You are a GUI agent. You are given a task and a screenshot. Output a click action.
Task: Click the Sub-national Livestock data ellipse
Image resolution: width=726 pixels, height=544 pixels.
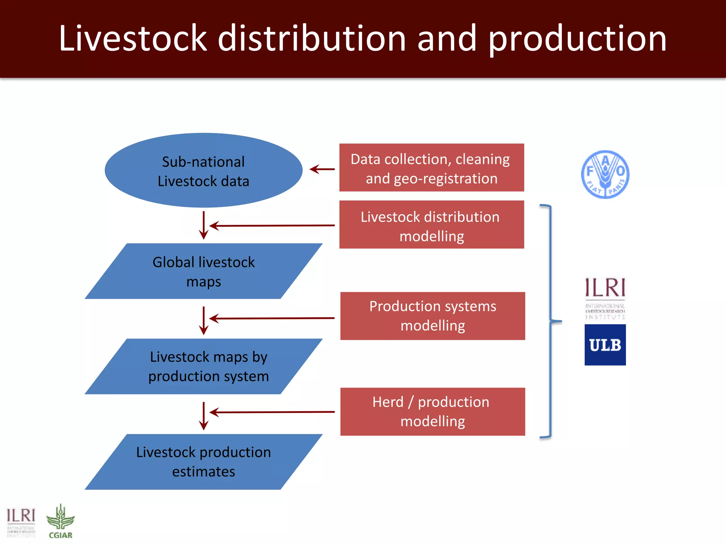[x=203, y=170]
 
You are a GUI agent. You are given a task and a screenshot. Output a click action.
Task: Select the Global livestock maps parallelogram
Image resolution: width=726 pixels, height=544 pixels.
[x=203, y=271]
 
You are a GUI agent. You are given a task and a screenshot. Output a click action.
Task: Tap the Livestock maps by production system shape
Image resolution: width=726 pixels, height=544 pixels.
[x=203, y=366]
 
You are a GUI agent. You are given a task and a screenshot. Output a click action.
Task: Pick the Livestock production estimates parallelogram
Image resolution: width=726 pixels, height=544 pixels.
[x=203, y=462]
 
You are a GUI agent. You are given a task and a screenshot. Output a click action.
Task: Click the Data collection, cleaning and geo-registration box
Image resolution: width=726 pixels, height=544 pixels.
[x=431, y=168]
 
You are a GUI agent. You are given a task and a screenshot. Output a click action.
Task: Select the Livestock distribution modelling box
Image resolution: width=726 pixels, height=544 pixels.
[x=431, y=225]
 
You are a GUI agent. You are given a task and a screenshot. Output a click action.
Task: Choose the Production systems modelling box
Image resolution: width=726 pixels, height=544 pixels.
[x=432, y=316]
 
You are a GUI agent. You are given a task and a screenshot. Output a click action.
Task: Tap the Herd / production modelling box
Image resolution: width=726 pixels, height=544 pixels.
[x=432, y=412]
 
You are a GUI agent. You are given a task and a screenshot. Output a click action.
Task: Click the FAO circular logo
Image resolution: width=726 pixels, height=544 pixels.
[x=605, y=174]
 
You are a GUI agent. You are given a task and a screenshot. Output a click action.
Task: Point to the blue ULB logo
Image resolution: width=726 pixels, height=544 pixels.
[x=605, y=345]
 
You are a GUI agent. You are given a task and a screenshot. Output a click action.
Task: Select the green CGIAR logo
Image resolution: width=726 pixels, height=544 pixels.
[x=61, y=521]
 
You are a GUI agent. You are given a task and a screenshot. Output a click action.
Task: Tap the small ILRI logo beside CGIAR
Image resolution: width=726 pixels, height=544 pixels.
[x=21, y=522]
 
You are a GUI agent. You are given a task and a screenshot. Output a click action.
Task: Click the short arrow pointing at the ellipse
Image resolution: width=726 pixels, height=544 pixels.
[x=322, y=169]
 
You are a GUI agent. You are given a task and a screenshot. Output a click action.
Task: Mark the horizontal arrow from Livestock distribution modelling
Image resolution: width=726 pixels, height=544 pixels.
[x=272, y=225]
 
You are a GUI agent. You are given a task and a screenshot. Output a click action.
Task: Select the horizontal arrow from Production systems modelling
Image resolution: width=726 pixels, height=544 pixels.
[x=272, y=318]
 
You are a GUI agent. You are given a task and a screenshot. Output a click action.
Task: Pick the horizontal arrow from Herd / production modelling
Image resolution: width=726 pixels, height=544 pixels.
[x=272, y=412]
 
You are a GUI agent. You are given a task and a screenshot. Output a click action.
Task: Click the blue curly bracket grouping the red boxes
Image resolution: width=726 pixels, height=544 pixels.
[x=550, y=321]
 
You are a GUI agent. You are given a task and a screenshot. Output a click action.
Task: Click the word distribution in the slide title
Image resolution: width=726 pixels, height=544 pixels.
[x=312, y=38]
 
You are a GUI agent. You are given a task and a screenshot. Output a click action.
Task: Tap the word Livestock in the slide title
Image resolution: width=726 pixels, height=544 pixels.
[x=133, y=38]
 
